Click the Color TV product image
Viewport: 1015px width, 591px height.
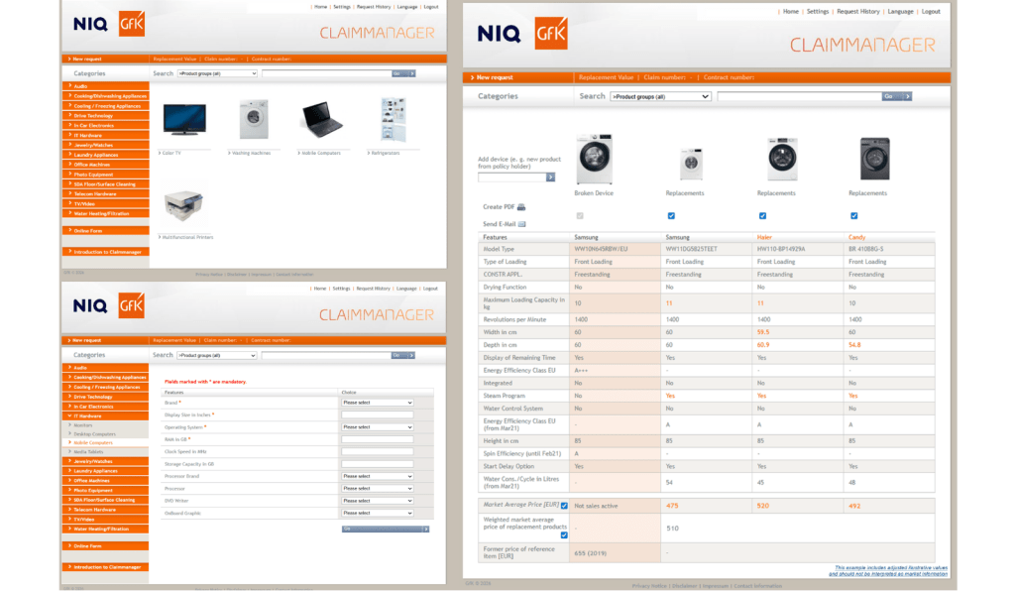[184, 119]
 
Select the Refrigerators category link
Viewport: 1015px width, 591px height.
[388, 153]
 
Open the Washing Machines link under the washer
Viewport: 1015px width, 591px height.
[251, 153]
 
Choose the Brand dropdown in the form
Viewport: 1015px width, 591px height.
[377, 403]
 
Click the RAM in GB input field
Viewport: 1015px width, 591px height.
[377, 439]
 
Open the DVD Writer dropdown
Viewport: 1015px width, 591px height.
[377, 500]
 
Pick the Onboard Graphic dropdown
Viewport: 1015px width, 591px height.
[377, 513]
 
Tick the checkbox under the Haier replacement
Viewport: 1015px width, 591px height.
[762, 215]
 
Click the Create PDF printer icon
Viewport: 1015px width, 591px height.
[521, 207]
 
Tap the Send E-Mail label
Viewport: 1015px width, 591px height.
[498, 224]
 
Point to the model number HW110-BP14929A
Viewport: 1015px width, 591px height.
[780, 249]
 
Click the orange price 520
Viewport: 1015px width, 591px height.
[762, 506]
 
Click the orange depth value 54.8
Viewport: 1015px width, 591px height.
[854, 345]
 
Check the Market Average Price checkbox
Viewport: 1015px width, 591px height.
[564, 506]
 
